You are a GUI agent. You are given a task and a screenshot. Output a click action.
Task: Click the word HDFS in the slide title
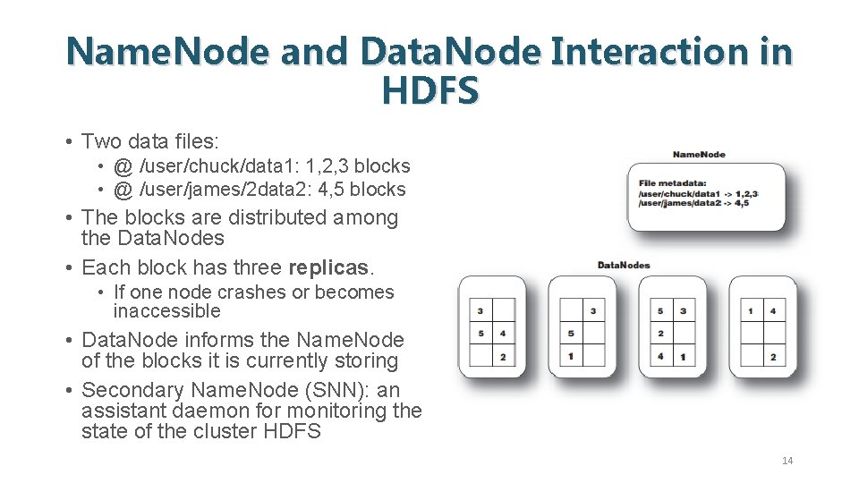coord(429,90)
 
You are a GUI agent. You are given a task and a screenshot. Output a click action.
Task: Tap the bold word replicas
coord(327,267)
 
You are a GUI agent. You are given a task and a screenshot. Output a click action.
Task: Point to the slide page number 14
coord(787,461)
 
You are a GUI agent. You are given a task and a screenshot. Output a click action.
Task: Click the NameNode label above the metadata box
coord(699,155)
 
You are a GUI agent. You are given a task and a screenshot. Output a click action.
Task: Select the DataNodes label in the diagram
coord(624,265)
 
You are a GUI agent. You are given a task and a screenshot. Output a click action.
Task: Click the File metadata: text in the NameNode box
coord(667,183)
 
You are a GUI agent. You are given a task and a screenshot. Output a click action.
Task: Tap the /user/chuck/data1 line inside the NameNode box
coord(680,193)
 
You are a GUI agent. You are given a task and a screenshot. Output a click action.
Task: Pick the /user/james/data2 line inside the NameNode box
coord(680,203)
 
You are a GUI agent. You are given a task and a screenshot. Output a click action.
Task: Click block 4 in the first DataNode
coord(504,334)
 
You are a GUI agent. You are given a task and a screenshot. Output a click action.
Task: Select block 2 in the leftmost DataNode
coord(504,357)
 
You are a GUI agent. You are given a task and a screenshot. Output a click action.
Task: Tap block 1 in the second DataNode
coord(571,357)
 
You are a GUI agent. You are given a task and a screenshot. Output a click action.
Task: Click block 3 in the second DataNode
coord(593,311)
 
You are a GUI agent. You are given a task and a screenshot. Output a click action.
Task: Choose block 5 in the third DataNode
coord(660,311)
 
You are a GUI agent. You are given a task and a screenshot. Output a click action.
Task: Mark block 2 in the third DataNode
coord(660,334)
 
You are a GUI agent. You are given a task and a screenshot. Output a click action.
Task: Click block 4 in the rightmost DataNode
coord(772,311)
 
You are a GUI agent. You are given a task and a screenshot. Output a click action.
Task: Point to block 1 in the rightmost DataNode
coord(750,311)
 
